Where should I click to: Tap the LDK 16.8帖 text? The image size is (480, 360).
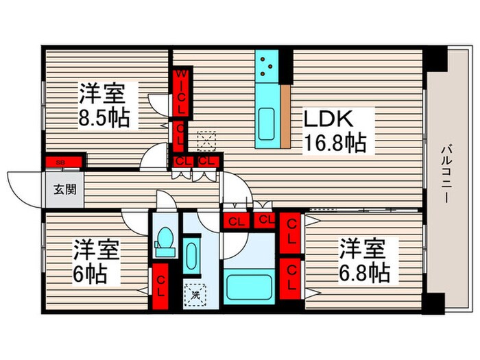(x=334, y=130)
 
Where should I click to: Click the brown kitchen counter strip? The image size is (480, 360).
(x=287, y=117)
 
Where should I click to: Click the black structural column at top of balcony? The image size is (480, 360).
(x=433, y=62)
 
